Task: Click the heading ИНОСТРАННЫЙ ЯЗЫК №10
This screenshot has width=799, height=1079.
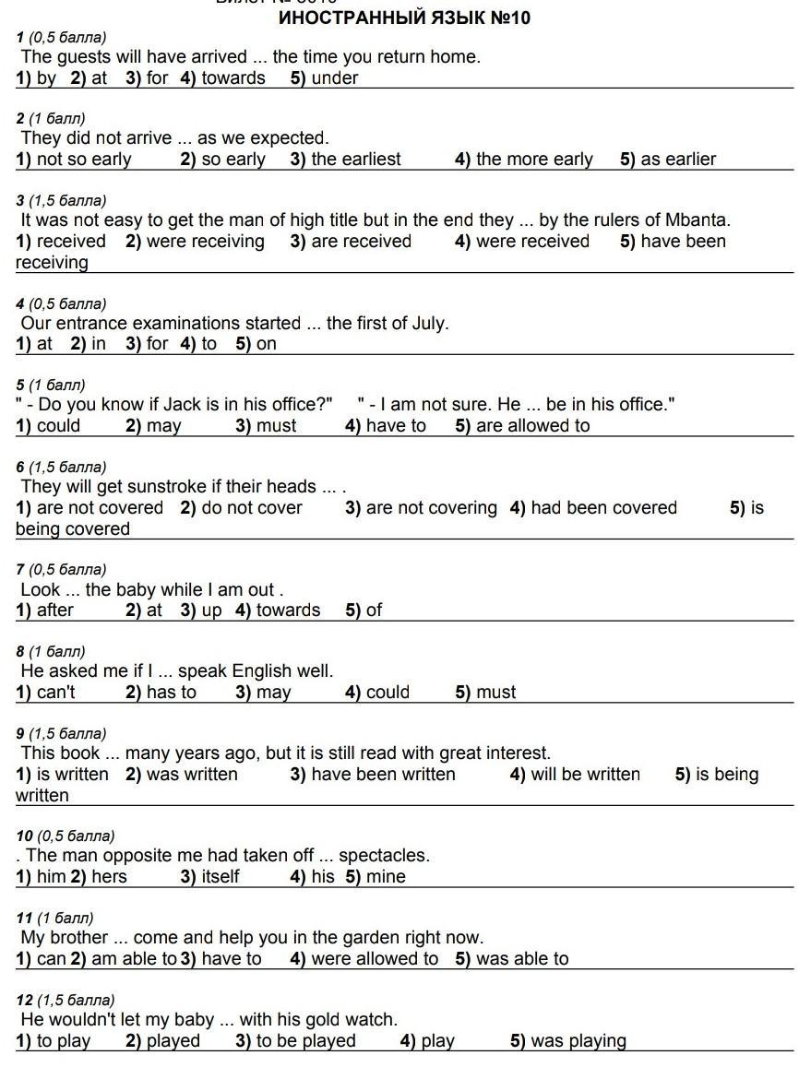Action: coord(404,18)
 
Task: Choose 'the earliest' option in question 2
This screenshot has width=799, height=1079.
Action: coord(355,160)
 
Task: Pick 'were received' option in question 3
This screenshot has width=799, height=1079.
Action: coord(532,242)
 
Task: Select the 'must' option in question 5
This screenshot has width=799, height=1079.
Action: coord(277,426)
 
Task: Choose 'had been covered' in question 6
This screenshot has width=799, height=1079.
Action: coord(603,508)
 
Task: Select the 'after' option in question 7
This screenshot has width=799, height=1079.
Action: coord(54,611)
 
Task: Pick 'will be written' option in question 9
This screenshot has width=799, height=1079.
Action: coord(585,775)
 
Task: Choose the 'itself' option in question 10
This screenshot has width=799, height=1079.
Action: coord(220,877)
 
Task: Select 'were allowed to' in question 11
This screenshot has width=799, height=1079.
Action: coord(374,959)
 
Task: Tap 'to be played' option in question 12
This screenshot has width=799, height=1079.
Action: coord(305,1041)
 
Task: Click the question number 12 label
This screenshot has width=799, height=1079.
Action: coord(25,1001)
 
